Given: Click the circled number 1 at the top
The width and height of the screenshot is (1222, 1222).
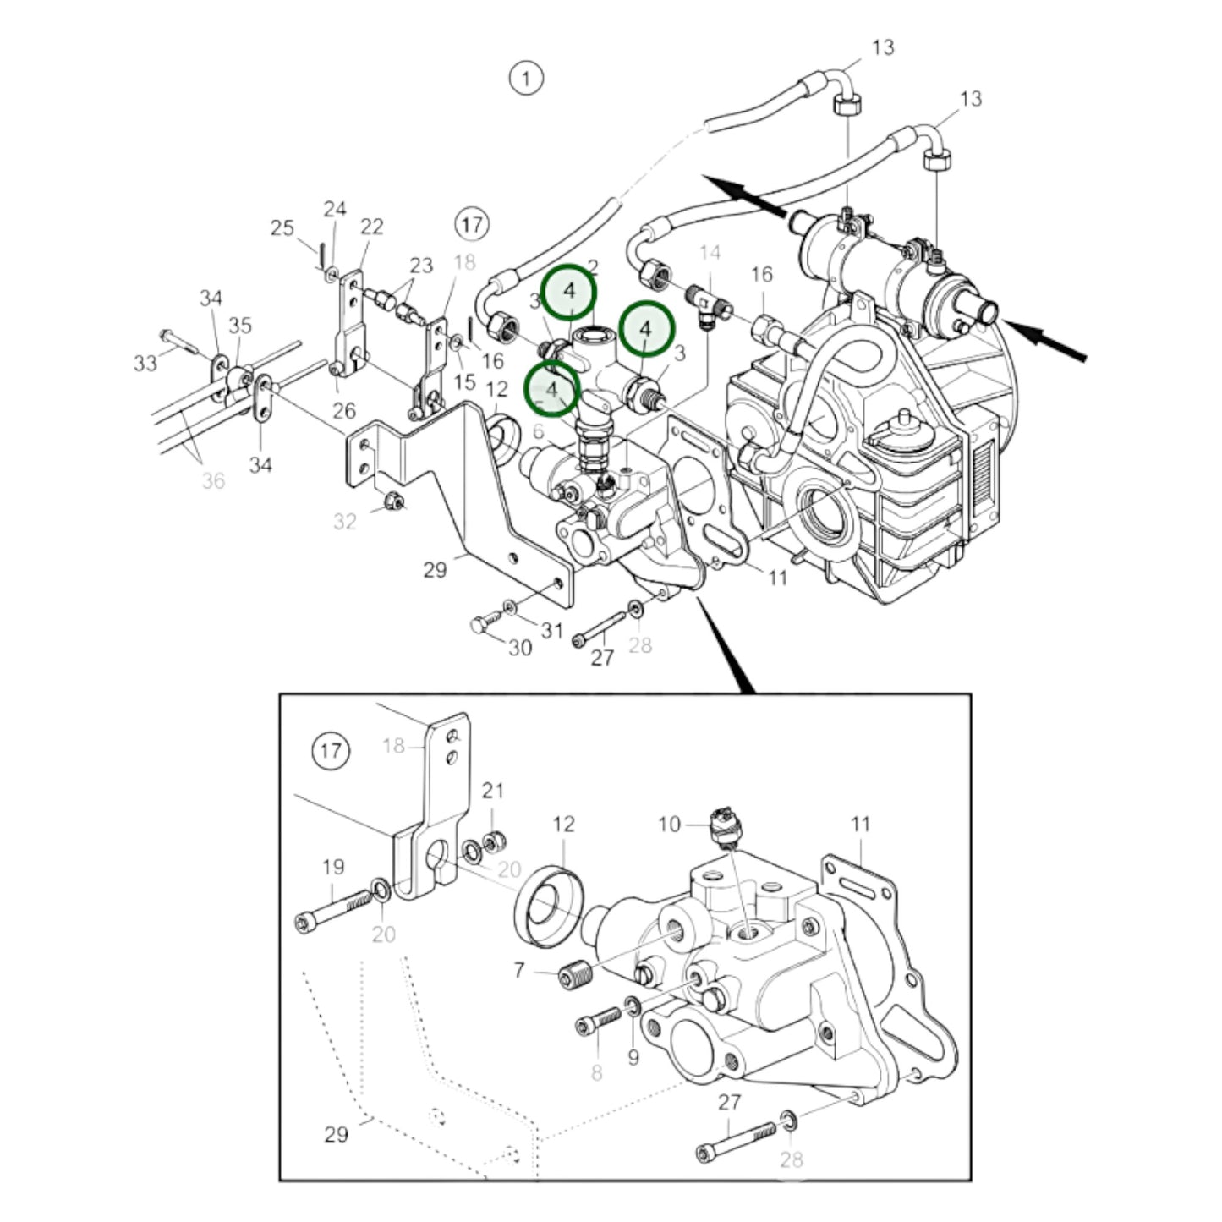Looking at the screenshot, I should tap(526, 79).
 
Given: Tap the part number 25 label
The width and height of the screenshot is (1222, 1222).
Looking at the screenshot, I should tap(282, 227).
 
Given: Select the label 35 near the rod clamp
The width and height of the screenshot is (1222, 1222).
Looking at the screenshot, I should tap(240, 326).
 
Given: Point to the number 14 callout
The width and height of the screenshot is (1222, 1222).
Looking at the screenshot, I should tap(710, 252).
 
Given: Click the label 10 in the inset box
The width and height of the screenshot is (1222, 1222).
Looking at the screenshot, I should tap(669, 824).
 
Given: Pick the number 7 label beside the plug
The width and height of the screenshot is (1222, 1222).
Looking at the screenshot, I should tap(519, 970).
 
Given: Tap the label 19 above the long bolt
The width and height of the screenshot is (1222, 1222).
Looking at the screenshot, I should tap(333, 867).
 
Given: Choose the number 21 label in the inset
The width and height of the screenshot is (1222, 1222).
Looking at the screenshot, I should tap(493, 791).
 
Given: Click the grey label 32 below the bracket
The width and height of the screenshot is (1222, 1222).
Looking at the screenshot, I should tap(344, 522).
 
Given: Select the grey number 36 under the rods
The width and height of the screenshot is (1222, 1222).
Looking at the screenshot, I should tap(213, 481).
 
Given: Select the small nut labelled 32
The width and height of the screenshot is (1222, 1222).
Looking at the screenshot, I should tap(392, 501).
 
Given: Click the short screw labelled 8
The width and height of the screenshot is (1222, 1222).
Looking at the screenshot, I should tap(599, 1022).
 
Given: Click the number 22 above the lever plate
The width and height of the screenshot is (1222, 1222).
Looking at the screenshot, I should tap(371, 227).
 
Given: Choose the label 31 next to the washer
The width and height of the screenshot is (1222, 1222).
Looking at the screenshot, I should tap(551, 630).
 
